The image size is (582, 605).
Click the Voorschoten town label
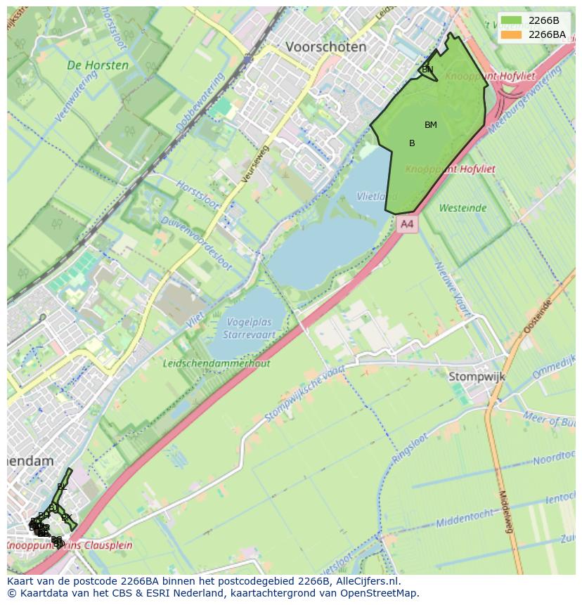pos(325,47)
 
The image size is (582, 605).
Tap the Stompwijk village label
pos(477,377)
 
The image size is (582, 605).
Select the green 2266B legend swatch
pos(512,20)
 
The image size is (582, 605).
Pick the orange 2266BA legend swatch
pos(512,34)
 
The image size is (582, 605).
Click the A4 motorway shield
pos(406,224)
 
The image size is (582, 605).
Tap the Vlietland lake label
pos(373,197)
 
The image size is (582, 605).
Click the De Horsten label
pos(98,65)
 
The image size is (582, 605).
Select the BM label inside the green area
pos(431,125)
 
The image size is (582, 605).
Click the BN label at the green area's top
pos(427,70)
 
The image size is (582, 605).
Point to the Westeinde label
pos(463,208)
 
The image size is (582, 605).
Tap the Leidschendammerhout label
pos(216,363)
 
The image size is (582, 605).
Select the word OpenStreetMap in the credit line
pos(382,593)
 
